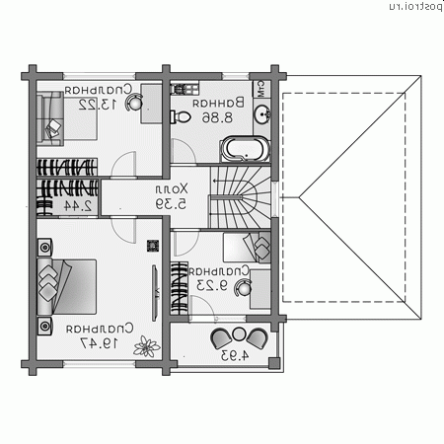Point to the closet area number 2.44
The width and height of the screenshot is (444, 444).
[82, 205]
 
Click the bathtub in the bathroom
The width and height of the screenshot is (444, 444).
[241, 151]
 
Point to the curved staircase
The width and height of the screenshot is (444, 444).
[237, 196]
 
